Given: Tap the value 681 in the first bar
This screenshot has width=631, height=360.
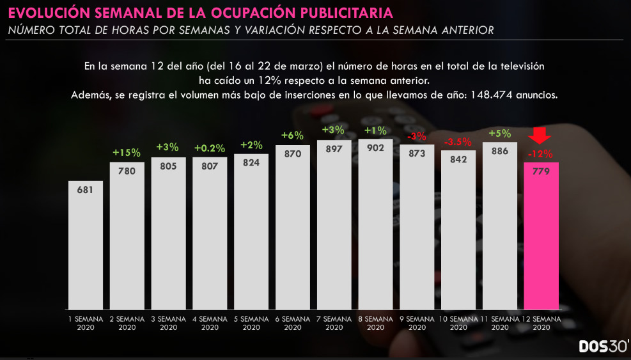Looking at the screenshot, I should pos(86,191).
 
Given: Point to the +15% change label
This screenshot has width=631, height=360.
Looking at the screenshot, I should pos(127,153).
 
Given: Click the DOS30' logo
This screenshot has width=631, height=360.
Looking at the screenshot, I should pos(604,346).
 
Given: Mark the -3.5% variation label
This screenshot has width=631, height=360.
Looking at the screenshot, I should pos(458,141).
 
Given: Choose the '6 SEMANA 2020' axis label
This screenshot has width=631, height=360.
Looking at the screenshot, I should pos(292,322).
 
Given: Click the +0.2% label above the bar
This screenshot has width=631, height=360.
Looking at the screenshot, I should pos(210,148).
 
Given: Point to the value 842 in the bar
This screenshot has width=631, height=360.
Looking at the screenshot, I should pos(458,160).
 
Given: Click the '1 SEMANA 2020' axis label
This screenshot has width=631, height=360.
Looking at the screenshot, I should pos(86,322).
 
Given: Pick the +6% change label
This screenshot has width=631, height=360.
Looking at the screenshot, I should pos(292,136).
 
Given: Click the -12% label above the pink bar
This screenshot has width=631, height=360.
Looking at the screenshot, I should pos(541,153).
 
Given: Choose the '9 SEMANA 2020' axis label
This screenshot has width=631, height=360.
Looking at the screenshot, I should pos(417,322).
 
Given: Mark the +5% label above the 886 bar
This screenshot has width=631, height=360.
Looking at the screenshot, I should pos(500,134).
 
